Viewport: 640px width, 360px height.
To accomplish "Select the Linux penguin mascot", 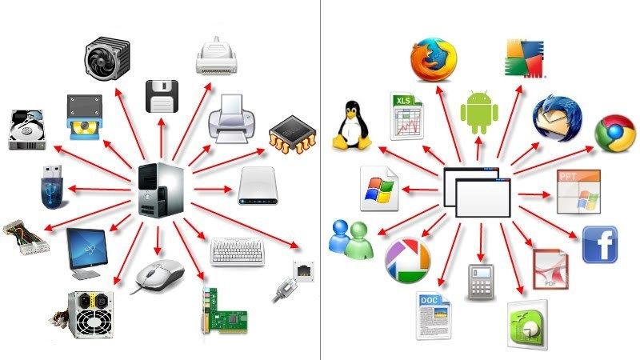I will pyautogui.click(x=350, y=126).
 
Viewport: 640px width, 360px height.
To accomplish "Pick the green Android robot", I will pyautogui.click(x=479, y=112).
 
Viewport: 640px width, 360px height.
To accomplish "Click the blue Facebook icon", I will pyautogui.click(x=599, y=245).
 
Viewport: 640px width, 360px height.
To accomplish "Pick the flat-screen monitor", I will pyautogui.click(x=87, y=251).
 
